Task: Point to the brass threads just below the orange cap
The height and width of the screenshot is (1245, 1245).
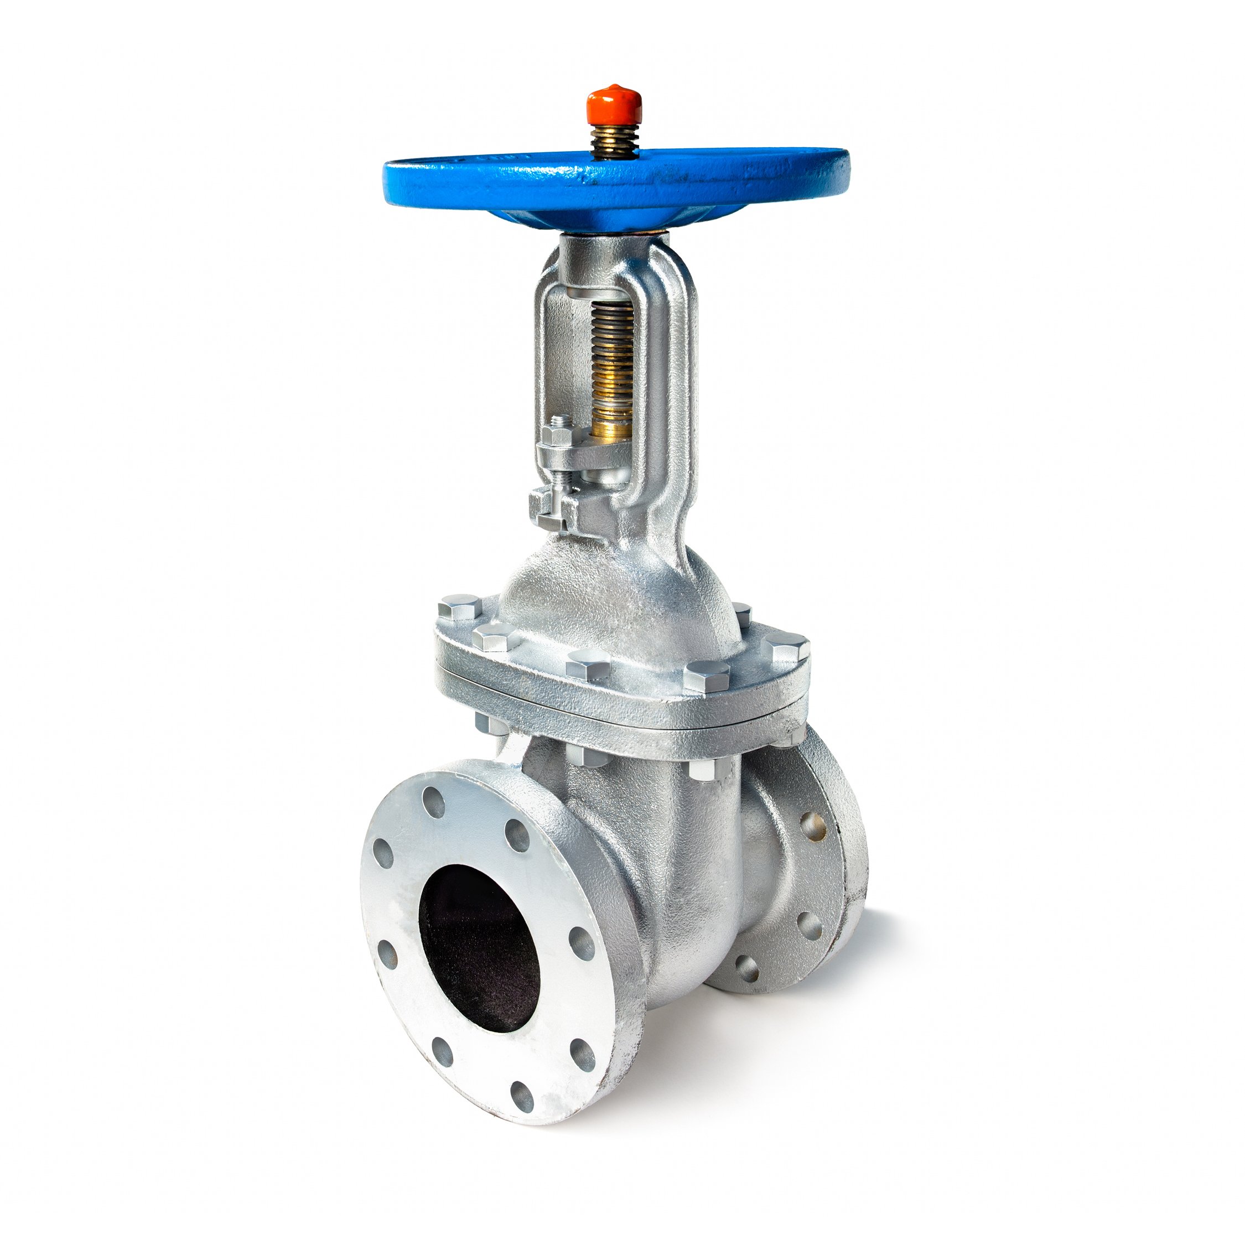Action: coord(613,138)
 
